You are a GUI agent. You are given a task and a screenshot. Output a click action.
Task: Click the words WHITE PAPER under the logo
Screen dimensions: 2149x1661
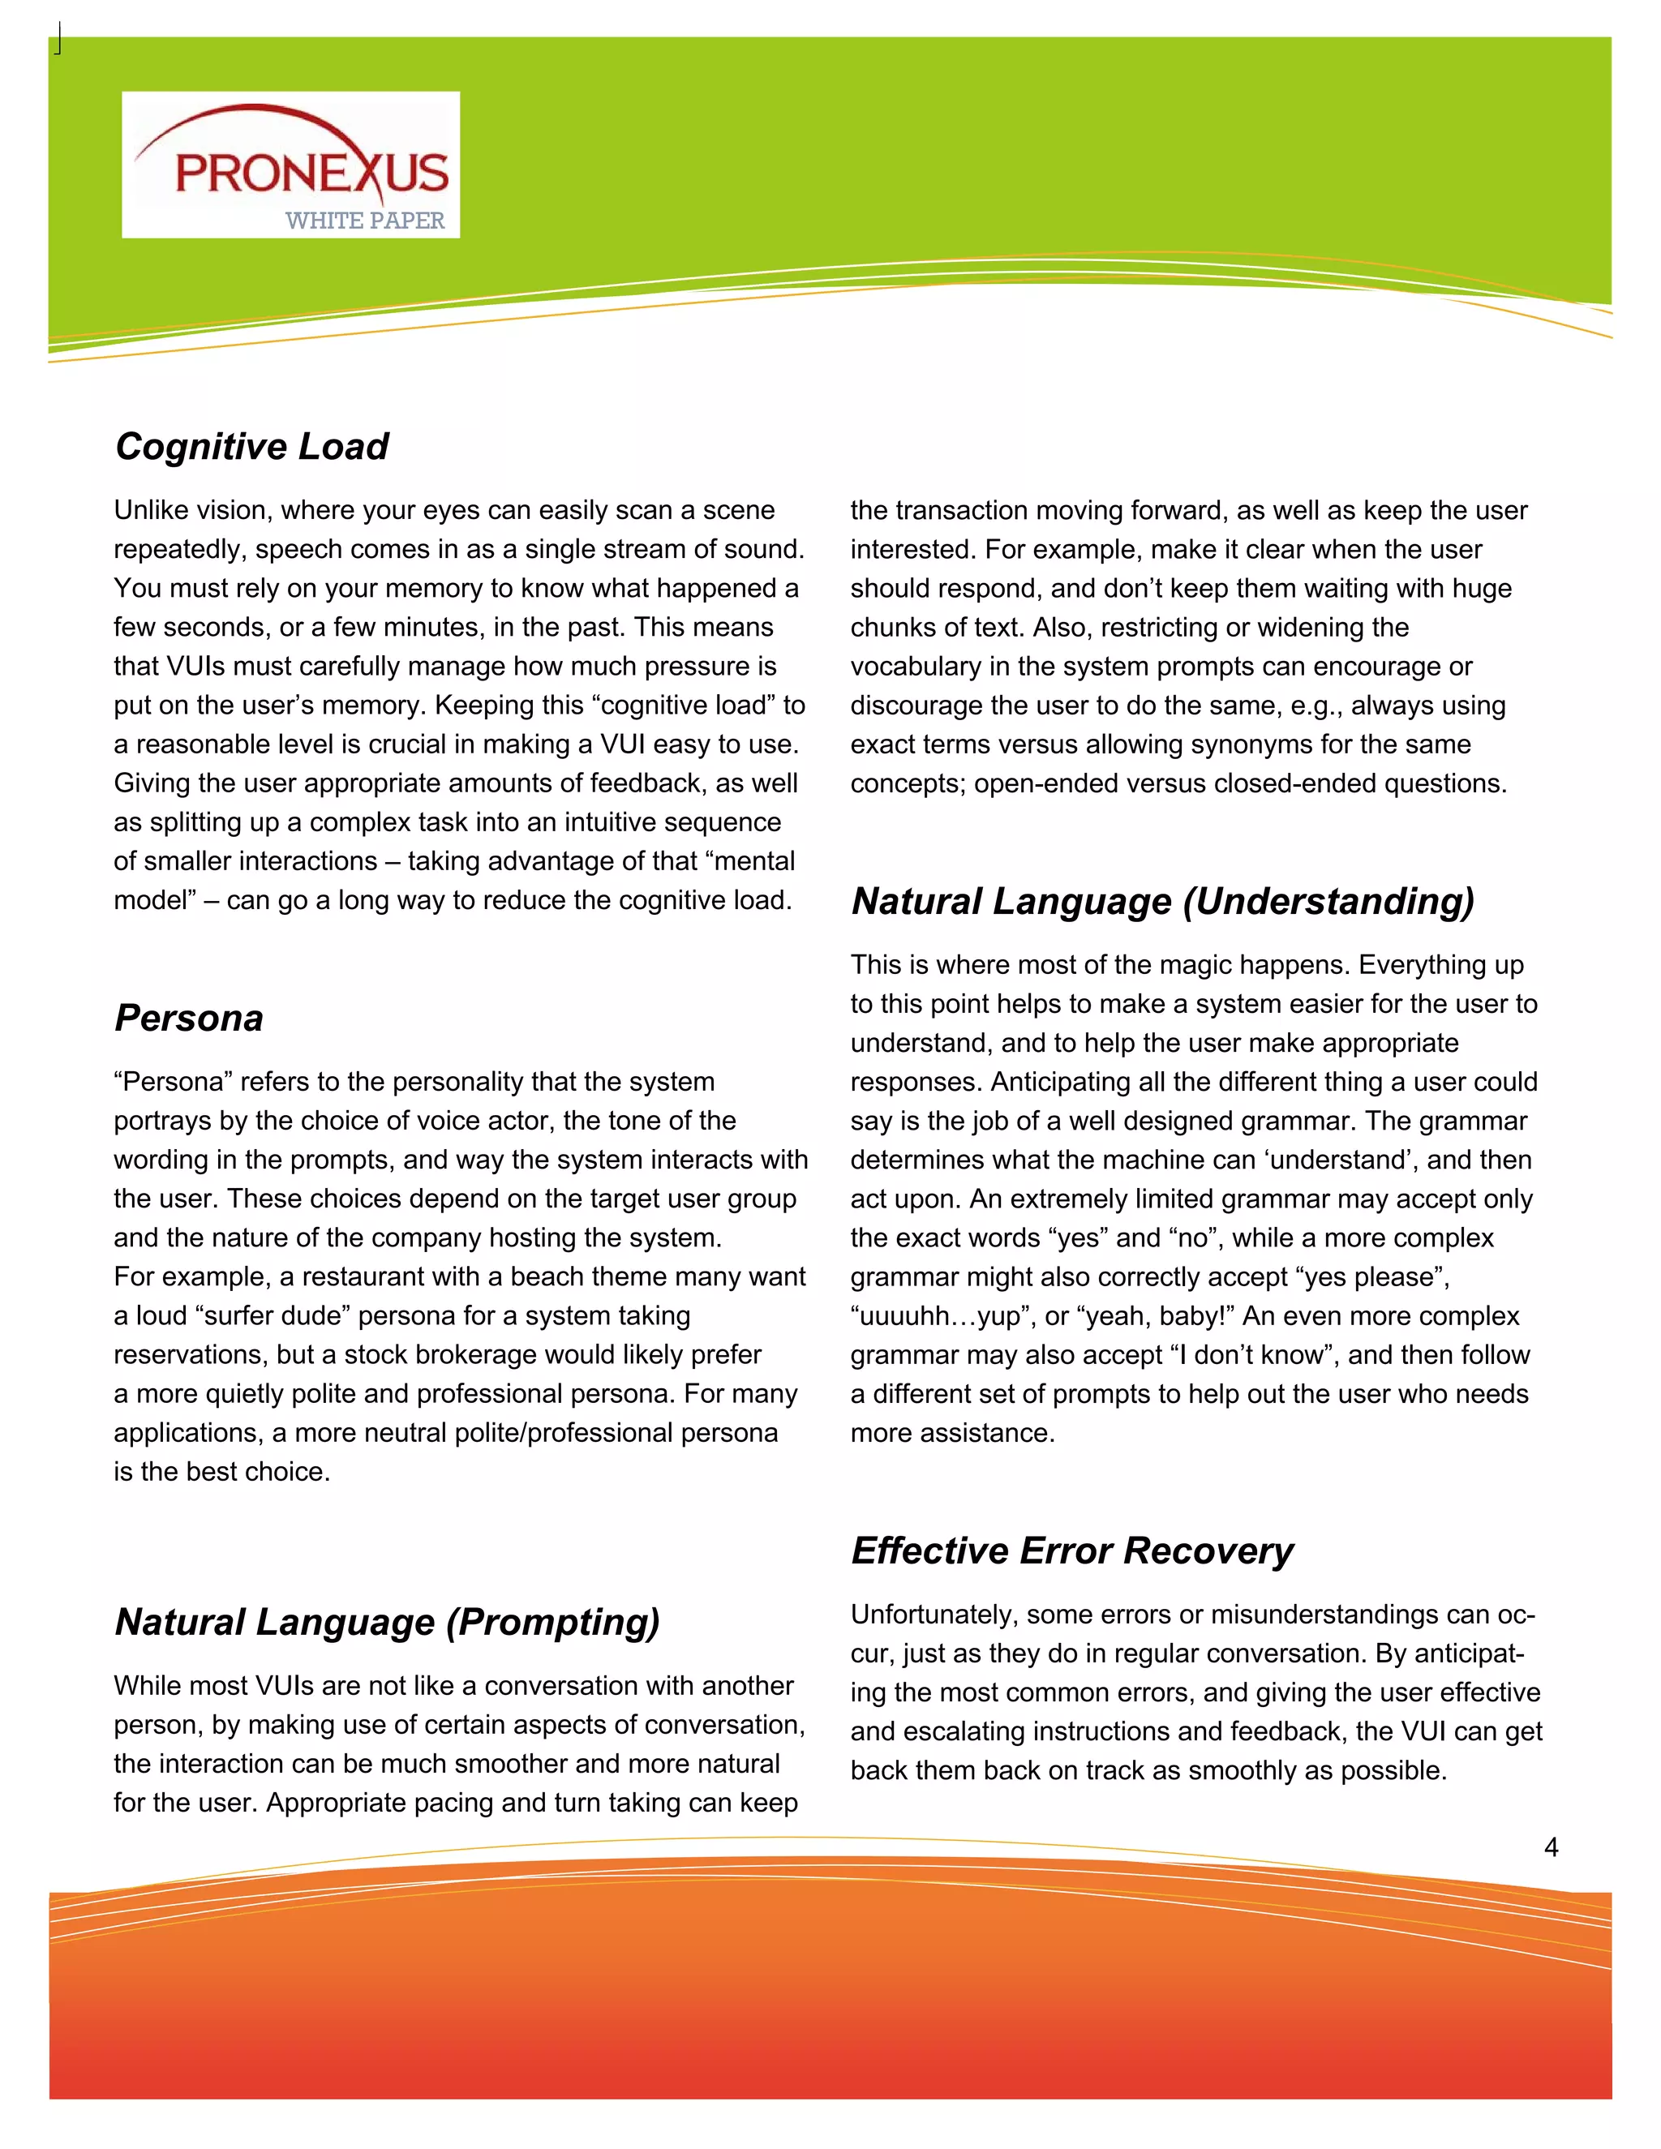365,221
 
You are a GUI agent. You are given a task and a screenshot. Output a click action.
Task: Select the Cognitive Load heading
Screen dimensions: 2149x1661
252,446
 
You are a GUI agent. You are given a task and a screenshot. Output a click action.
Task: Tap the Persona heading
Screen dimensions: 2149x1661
189,1018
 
